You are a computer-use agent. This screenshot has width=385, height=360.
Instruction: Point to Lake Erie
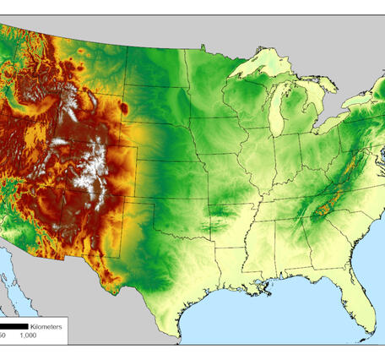click(319, 128)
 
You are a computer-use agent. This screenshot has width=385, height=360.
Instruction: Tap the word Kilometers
click(46, 325)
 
